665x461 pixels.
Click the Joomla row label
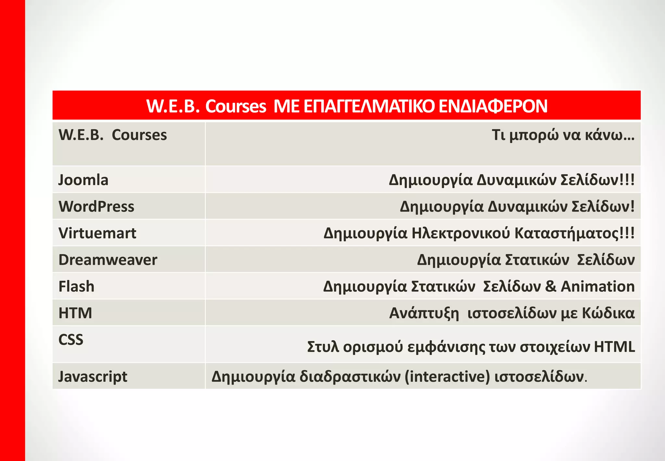pyautogui.click(x=83, y=180)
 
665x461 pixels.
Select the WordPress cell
pyautogui.click(x=96, y=206)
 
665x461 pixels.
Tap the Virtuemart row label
pyautogui.click(x=97, y=233)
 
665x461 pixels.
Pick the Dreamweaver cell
pyautogui.click(x=108, y=260)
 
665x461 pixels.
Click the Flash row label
pyautogui.click(x=76, y=286)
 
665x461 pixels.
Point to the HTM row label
pyautogui.click(x=75, y=313)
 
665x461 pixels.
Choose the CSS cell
pyautogui.click(x=71, y=340)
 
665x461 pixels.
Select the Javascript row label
pyautogui.click(x=93, y=376)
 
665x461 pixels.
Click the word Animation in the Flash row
pyautogui.click(x=597, y=286)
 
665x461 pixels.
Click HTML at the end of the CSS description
pyautogui.click(x=614, y=347)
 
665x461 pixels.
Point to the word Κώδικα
pyautogui.click(x=608, y=313)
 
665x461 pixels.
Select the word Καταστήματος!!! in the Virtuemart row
pyautogui.click(x=575, y=233)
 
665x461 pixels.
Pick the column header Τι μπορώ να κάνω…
pyautogui.click(x=563, y=135)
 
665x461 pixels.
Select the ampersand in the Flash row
pyautogui.click(x=551, y=286)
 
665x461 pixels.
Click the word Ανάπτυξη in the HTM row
pyautogui.click(x=424, y=313)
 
